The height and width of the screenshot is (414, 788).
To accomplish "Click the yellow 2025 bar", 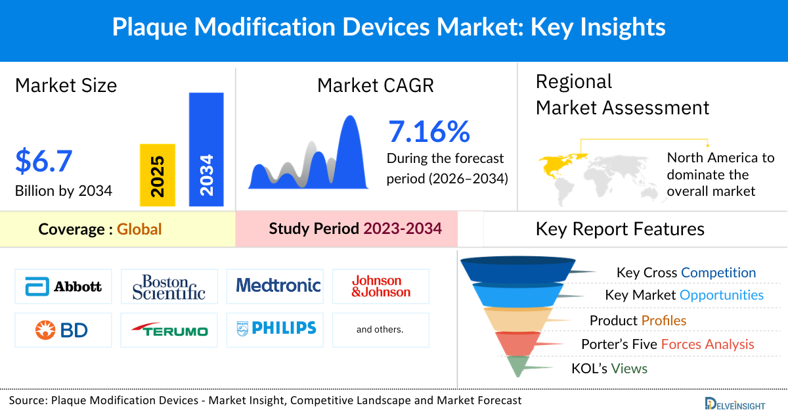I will pos(158,175).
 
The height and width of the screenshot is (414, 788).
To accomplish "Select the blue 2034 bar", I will pos(206,149).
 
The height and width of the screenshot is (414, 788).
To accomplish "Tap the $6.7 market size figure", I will pos(44,162).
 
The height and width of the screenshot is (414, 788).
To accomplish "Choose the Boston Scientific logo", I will pos(169,287).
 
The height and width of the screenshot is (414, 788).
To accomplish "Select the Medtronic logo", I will pos(278,285).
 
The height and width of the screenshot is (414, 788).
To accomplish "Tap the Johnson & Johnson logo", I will pos(381,287).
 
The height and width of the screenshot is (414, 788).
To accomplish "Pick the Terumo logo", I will pos(169,330).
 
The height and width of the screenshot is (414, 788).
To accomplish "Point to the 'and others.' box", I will pos(380,330).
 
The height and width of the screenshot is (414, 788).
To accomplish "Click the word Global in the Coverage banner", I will pos(139,229).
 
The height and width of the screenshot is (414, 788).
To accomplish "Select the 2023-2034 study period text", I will pos(402,229).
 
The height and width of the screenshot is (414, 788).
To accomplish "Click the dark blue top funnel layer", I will pos(512,268).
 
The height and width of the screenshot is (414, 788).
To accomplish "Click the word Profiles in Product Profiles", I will pos(664,321).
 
